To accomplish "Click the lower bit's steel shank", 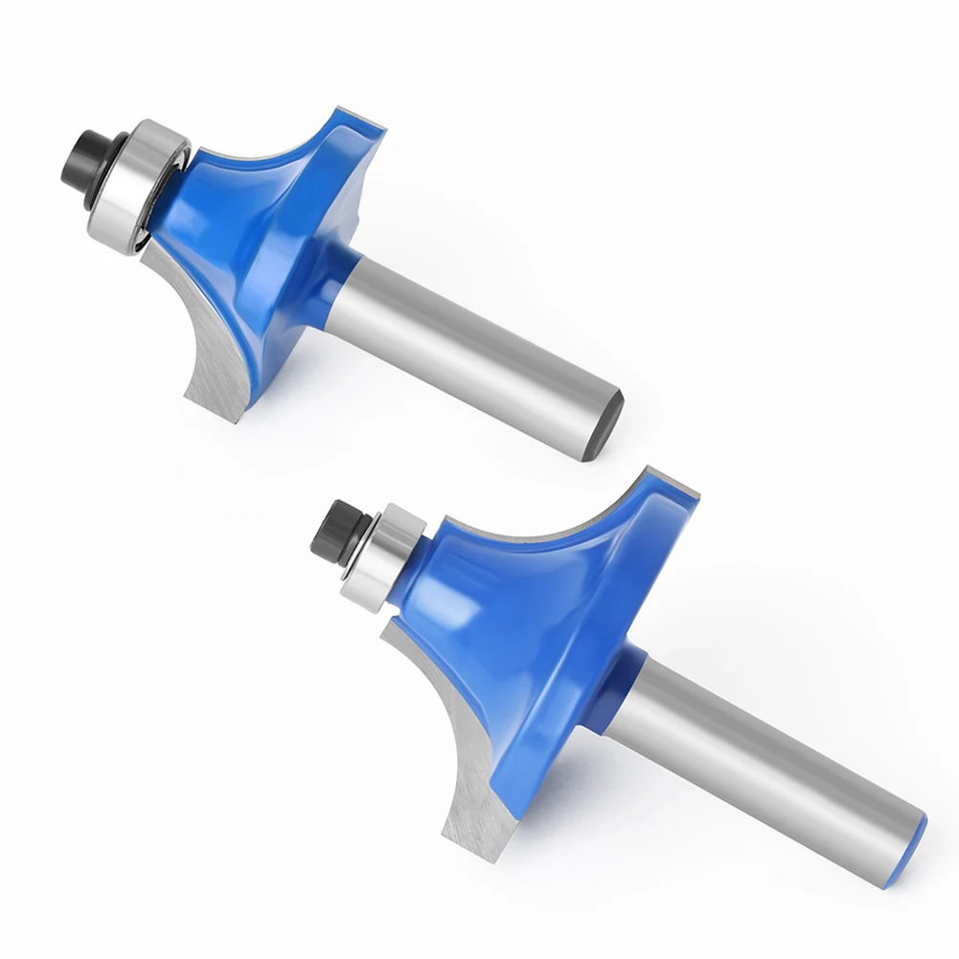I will point(757,757).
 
